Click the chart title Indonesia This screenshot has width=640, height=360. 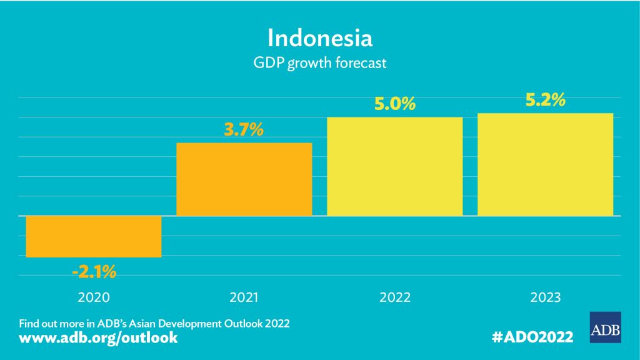pyautogui.click(x=320, y=37)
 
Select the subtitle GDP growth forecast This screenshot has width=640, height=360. pyautogui.click(x=320, y=64)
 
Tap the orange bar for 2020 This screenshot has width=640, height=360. pyautogui.click(x=94, y=236)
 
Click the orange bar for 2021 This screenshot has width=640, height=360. pyautogui.click(x=244, y=179)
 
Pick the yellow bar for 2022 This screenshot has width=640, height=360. pyautogui.click(x=395, y=166)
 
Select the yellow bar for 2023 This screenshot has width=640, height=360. pyautogui.click(x=545, y=164)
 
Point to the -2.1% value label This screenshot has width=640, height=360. pyautogui.click(x=94, y=272)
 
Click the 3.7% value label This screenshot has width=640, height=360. pyautogui.click(x=244, y=131)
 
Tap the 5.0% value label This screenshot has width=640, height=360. pyautogui.click(x=395, y=104)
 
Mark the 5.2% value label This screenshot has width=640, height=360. pyautogui.click(x=545, y=100)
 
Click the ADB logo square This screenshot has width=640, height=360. pyautogui.click(x=605, y=326)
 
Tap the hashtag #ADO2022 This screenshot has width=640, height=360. pyautogui.click(x=533, y=337)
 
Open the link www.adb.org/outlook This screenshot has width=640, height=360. pyautogui.click(x=99, y=338)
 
